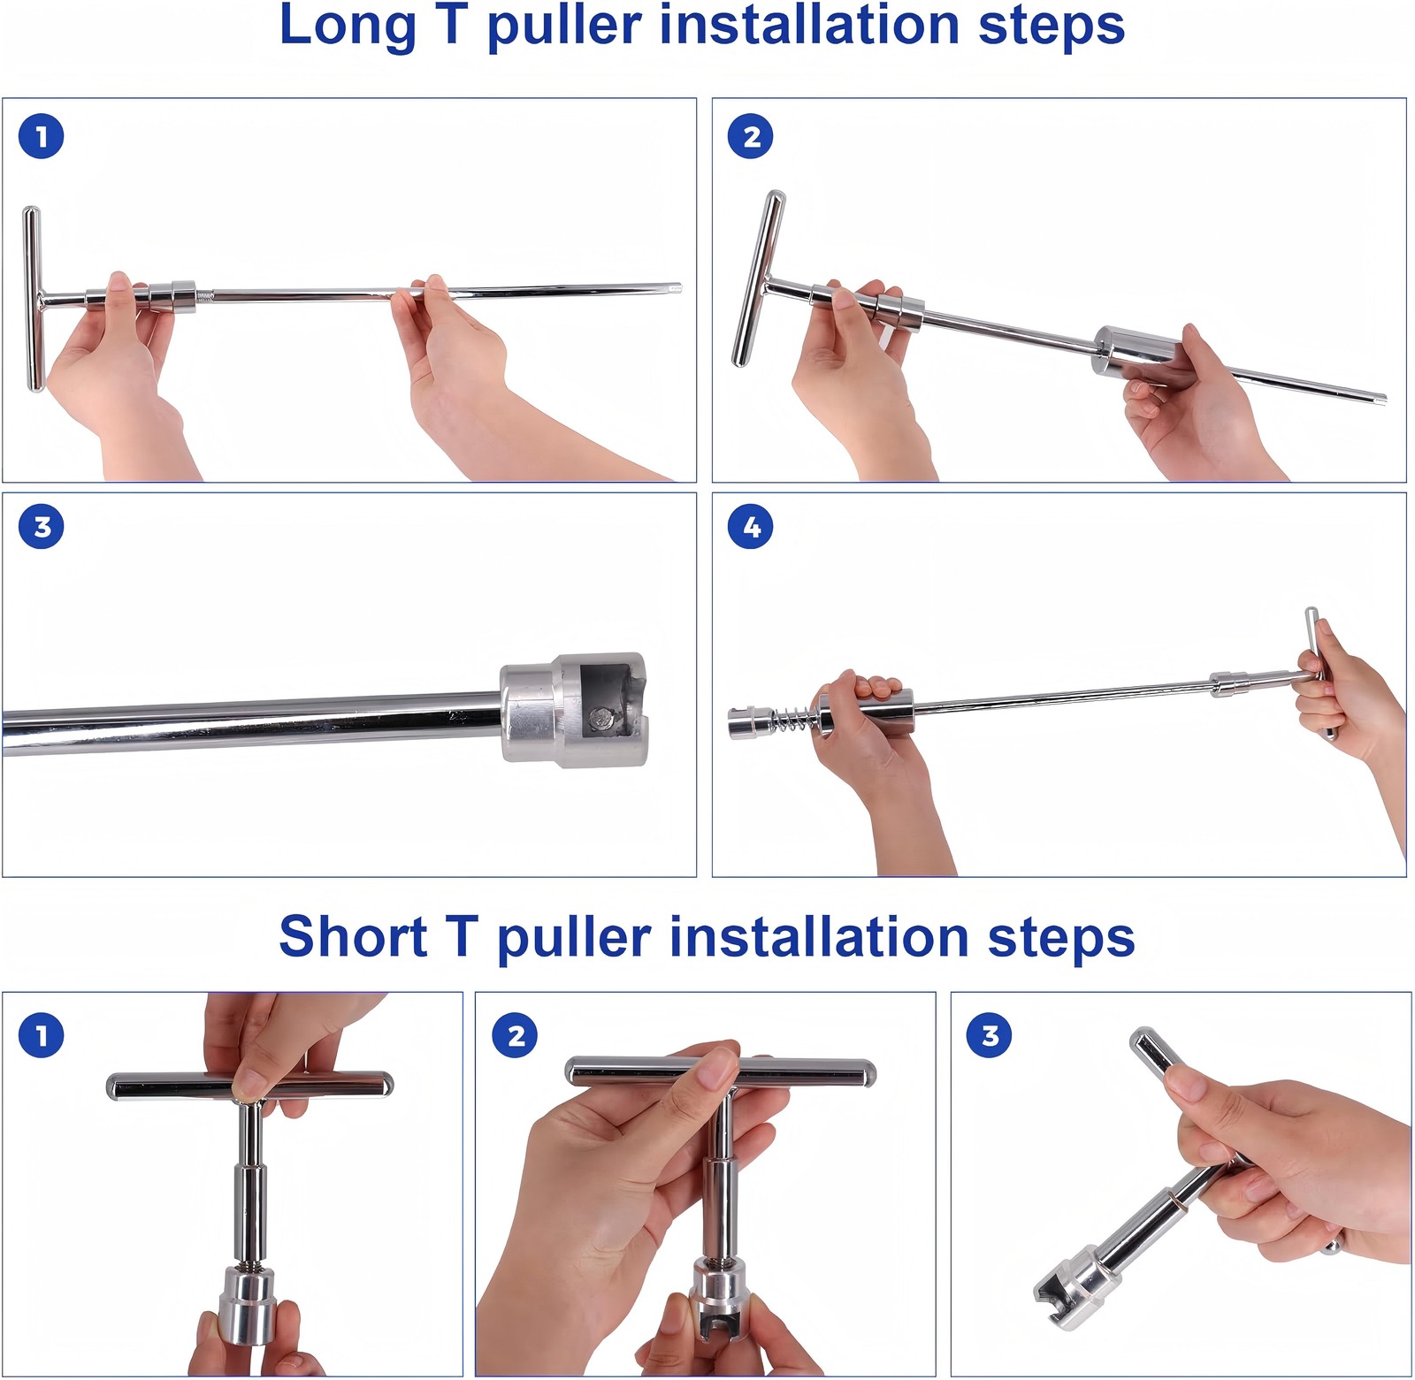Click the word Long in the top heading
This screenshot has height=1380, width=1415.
[x=347, y=27]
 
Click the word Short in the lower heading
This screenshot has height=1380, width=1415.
[x=353, y=937]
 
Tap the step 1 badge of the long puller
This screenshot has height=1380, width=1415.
[x=41, y=137]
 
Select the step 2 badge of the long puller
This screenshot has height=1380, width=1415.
[x=750, y=137]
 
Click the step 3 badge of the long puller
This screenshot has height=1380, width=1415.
[x=41, y=527]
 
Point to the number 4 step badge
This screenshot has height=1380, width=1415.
[x=750, y=527]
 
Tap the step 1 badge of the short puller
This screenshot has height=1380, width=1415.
[x=41, y=1034]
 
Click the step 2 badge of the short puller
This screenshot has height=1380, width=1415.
[x=516, y=1034]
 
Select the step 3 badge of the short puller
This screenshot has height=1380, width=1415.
[x=990, y=1034]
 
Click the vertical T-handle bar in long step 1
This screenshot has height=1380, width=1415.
[x=33, y=299]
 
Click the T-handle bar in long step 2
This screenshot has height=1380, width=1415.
[x=759, y=278]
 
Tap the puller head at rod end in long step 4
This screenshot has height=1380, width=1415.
[x=746, y=723]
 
